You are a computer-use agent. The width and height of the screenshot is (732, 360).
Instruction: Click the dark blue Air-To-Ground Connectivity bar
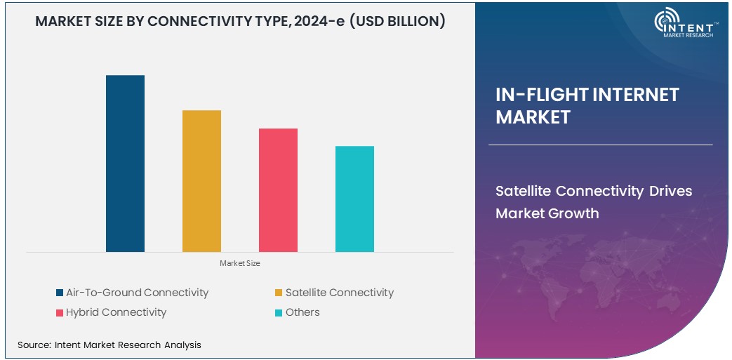point(125,163)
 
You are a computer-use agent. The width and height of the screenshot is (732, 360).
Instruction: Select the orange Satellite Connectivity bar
point(201,180)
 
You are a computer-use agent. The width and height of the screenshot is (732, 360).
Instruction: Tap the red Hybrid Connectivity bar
point(278,189)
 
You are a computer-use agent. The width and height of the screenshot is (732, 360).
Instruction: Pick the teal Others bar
point(354,199)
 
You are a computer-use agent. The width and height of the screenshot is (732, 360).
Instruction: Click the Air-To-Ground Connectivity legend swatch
point(60,293)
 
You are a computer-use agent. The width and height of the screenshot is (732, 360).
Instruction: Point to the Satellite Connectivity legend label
point(339,293)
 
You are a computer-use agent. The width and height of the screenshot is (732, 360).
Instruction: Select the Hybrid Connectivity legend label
point(116,312)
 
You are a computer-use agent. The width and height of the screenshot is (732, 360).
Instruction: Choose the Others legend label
point(302,312)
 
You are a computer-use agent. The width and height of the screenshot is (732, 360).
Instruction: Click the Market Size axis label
point(240,263)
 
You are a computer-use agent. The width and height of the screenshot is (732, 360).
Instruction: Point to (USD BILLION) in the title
point(399,22)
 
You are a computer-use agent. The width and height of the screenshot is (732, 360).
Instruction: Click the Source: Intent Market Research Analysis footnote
point(109,345)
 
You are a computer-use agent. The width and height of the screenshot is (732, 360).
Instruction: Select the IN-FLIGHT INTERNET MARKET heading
point(587,106)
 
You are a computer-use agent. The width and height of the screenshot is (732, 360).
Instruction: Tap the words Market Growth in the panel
point(547,213)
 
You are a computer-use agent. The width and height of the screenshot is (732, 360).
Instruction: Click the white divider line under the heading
point(600,145)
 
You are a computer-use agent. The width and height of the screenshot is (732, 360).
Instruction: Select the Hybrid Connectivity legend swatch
point(60,313)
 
